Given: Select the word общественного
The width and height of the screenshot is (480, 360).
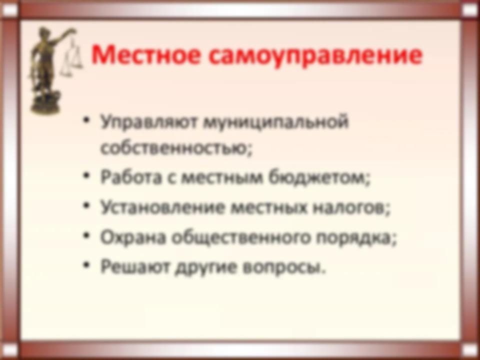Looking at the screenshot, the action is (x=241, y=237).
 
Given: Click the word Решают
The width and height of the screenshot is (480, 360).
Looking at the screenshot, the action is (x=135, y=266).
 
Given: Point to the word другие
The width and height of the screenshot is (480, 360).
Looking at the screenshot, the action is (x=205, y=267).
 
